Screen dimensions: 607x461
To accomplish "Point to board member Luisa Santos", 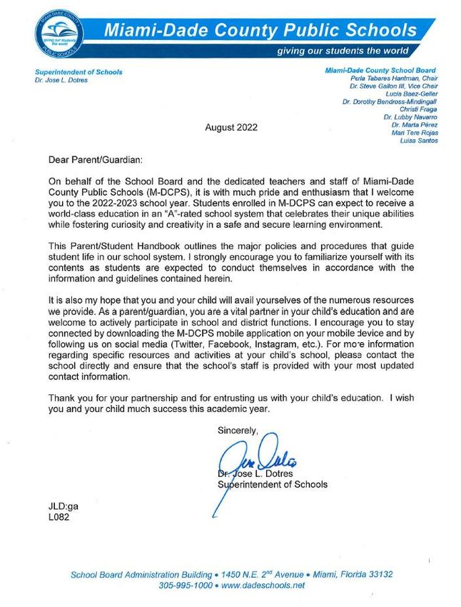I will click(421, 141).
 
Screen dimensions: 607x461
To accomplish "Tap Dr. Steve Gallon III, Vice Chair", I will click(394, 86).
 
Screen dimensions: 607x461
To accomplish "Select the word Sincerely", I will click(238, 430).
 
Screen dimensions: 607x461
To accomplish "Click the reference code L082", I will click(59, 517).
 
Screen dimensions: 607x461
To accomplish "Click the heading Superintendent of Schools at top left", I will click(79, 72).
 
